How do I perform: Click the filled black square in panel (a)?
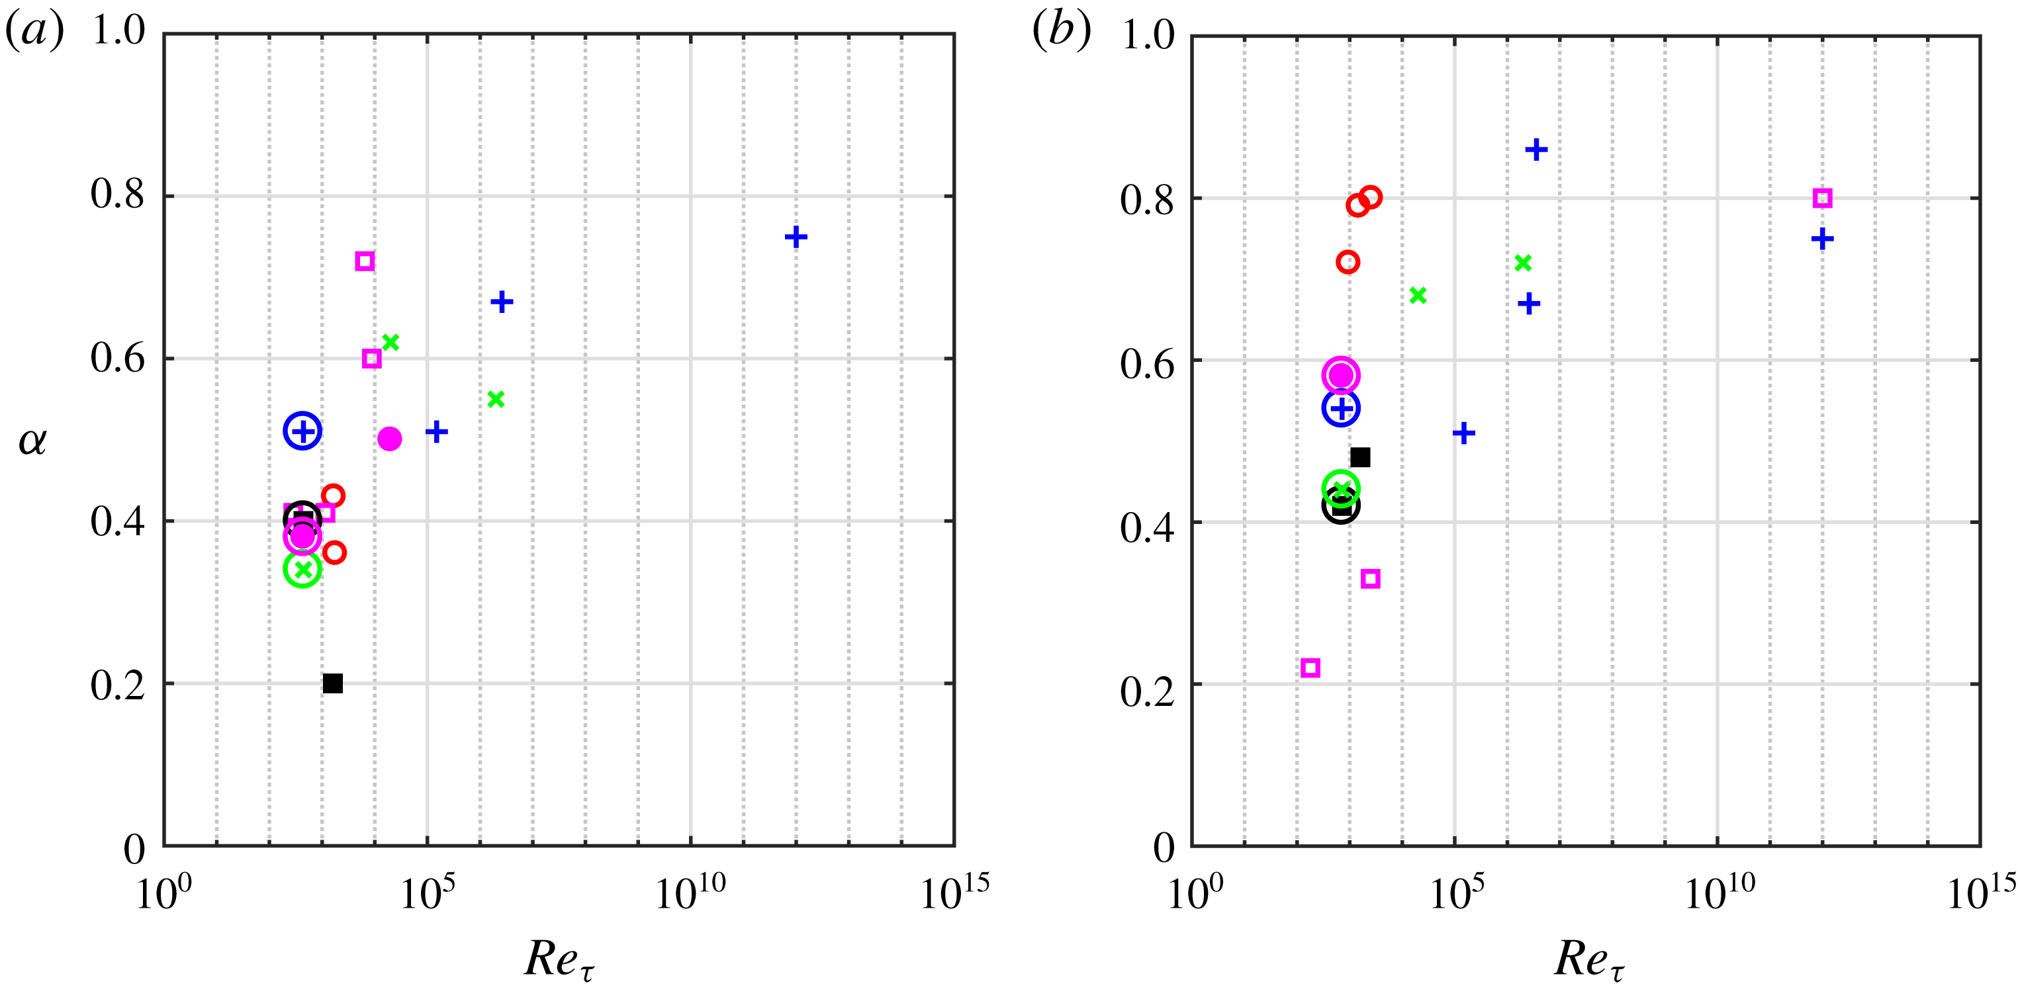tap(333, 683)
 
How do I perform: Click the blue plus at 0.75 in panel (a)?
tap(796, 237)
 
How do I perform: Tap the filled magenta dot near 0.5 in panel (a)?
tap(389, 439)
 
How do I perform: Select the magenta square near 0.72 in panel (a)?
tap(364, 261)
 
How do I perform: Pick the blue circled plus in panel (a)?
tap(302, 431)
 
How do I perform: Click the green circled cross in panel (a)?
tap(302, 568)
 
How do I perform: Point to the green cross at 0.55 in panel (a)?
tap(495, 400)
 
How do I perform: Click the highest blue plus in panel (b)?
tap(1536, 149)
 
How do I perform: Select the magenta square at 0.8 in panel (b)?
tap(1822, 198)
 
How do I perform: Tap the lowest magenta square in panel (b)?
tap(1310, 668)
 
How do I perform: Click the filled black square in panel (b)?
tap(1360, 456)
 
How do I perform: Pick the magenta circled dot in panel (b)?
tap(1340, 375)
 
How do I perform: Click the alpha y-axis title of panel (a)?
tap(32, 441)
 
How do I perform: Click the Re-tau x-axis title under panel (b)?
tap(1588, 959)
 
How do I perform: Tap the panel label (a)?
tap(34, 32)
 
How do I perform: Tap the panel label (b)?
tap(1061, 32)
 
